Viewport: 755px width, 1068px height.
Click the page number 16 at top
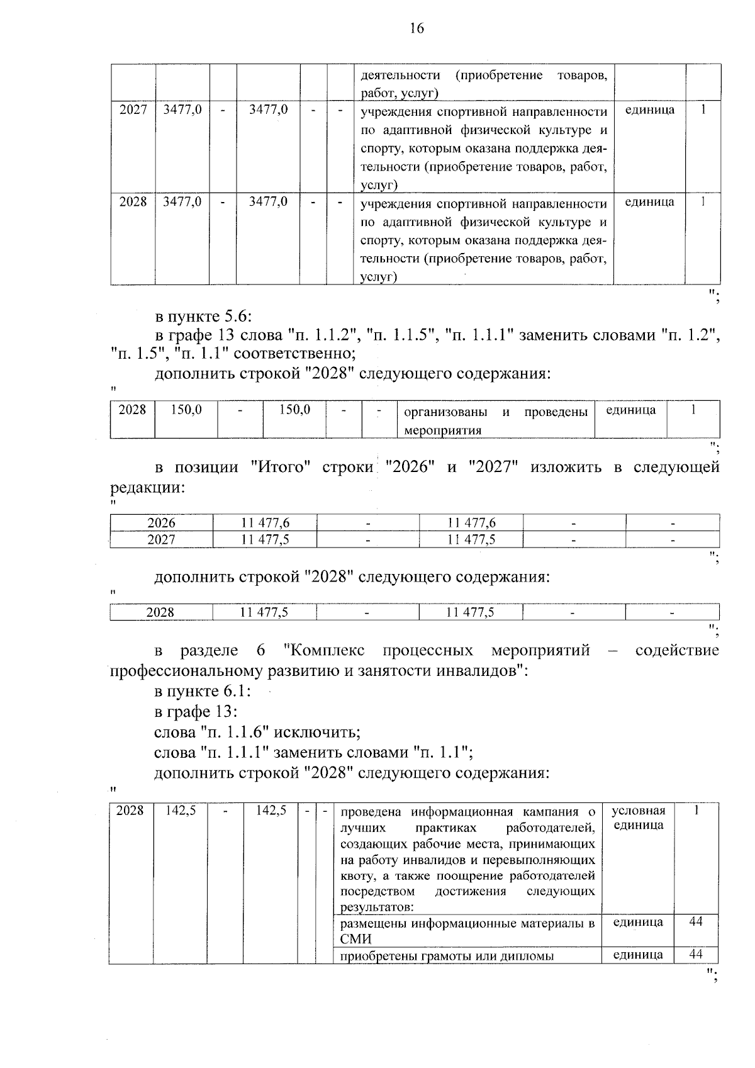coord(417,28)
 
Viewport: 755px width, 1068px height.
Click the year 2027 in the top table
coord(133,110)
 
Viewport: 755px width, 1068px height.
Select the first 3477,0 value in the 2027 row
coord(182,110)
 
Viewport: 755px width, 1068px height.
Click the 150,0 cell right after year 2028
coord(186,410)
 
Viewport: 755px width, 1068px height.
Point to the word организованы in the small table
coord(445,412)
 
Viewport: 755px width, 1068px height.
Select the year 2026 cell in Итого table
coord(161,523)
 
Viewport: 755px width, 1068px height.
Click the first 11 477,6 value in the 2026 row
coord(265,523)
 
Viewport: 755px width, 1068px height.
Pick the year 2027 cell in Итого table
coord(161,539)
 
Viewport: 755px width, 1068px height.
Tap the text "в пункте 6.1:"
coord(203,691)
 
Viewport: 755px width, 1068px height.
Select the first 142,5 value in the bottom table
coord(181,811)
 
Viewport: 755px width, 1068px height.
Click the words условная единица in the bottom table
coord(638,818)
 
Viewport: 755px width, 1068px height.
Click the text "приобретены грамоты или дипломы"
coord(447,956)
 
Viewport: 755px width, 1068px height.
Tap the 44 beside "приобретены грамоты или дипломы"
coord(695,954)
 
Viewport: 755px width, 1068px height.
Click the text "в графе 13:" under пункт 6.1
coord(196,712)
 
